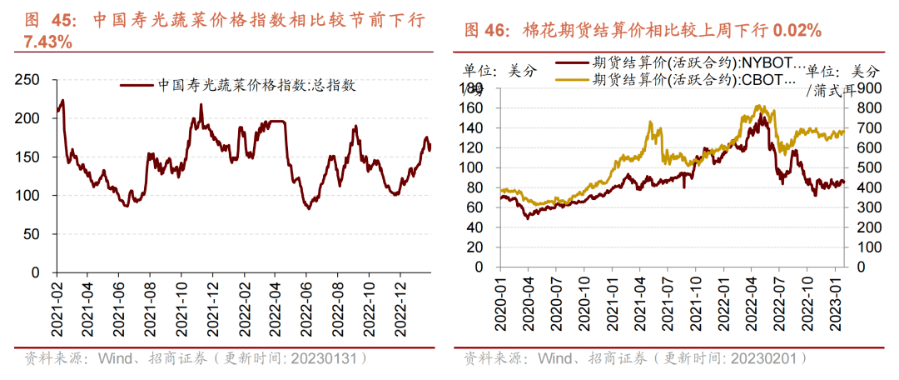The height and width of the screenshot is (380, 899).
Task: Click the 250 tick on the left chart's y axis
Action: tap(28, 80)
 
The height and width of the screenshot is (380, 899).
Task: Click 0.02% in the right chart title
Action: tap(797, 31)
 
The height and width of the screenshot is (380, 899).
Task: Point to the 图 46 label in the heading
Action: tap(485, 31)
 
